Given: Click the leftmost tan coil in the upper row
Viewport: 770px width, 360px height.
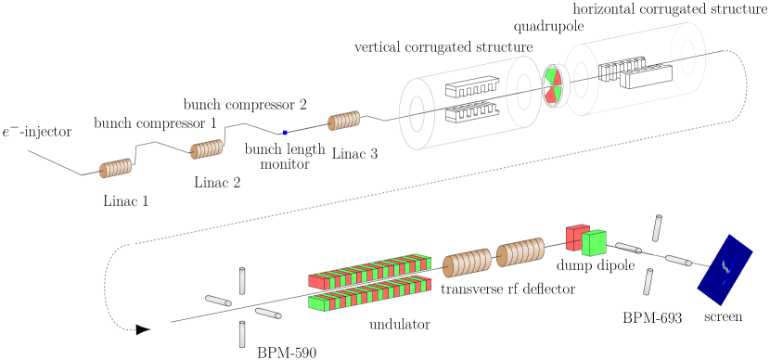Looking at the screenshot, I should (x=115, y=168).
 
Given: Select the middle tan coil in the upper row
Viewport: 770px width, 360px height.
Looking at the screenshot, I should (x=206, y=149).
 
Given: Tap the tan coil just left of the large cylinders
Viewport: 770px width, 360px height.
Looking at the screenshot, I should (x=343, y=121).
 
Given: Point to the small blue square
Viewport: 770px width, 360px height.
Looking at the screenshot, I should (x=285, y=133).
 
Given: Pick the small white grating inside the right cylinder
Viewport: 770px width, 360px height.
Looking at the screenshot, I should (x=633, y=72).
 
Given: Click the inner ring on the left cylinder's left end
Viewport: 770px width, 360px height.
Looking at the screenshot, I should (x=417, y=114).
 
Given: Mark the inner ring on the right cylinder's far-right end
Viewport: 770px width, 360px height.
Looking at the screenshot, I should (x=687, y=58).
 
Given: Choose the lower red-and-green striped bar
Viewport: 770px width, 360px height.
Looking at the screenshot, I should (x=369, y=294).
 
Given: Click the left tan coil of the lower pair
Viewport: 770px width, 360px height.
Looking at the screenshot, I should (x=467, y=263).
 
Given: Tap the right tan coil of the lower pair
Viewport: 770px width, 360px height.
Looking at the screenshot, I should (x=520, y=251).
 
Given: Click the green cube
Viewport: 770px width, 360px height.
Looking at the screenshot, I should (x=594, y=243).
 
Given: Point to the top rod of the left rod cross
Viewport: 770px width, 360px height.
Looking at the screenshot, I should (x=242, y=280).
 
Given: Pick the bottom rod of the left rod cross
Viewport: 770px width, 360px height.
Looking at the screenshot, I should (x=242, y=334).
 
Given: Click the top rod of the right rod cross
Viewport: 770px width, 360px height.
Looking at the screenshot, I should (x=657, y=228).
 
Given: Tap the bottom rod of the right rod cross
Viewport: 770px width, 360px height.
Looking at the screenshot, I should (x=648, y=282).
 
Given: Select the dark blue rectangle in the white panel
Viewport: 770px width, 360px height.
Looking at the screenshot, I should (x=725, y=269).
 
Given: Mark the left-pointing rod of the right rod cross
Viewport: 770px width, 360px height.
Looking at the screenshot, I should (x=628, y=248).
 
